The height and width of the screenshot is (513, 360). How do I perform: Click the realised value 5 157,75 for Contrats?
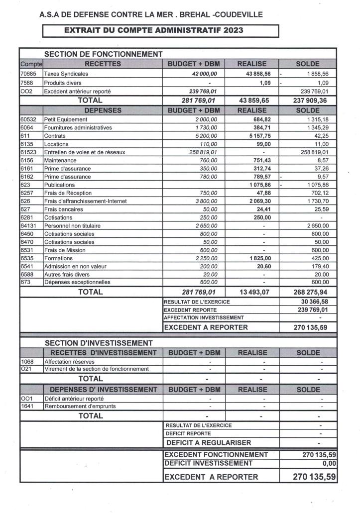click(258, 136)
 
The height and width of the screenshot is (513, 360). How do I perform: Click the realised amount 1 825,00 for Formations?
click(258, 258)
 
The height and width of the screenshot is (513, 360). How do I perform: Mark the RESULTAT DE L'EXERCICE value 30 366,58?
click(315, 302)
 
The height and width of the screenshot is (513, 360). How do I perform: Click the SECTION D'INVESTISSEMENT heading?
click(98, 343)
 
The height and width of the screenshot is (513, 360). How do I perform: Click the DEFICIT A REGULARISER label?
click(209, 442)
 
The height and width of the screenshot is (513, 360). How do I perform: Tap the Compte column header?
click(31, 64)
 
